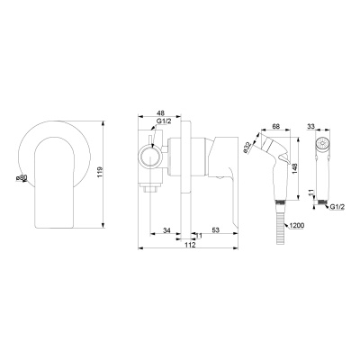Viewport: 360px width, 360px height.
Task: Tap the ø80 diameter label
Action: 22,178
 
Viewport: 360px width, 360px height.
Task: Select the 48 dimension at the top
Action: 161,112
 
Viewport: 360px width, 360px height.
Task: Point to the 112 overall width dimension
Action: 190,245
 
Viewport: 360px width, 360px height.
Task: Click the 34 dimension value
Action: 166,230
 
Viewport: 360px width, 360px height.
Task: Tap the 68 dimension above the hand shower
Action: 276,126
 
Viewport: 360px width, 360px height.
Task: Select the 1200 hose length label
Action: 297,225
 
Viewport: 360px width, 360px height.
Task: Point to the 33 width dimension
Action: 311,126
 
